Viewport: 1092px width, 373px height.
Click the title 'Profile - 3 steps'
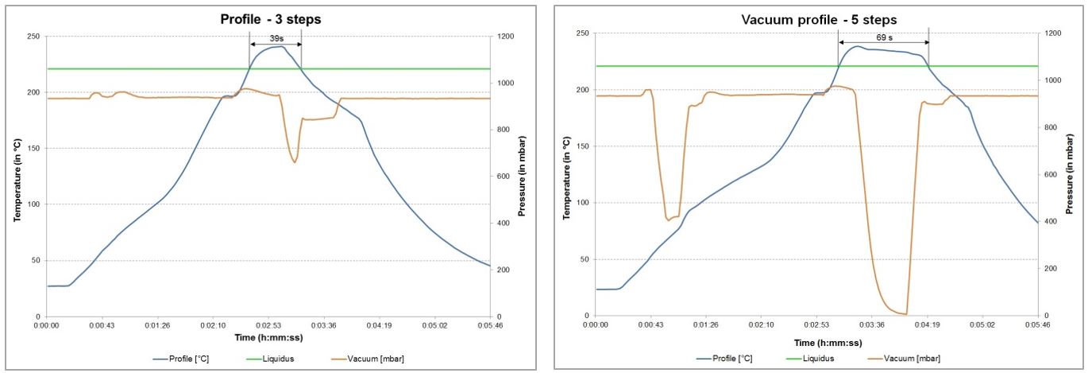(x=271, y=19)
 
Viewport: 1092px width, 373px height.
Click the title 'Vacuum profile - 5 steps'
(x=819, y=20)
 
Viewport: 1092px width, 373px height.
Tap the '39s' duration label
(x=276, y=38)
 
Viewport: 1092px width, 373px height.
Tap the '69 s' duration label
(x=885, y=37)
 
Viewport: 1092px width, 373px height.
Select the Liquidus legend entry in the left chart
(x=271, y=359)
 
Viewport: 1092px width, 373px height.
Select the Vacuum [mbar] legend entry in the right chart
(x=905, y=359)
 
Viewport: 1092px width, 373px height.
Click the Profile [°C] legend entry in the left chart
(x=181, y=359)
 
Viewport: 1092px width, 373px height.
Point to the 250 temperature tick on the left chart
(x=34, y=37)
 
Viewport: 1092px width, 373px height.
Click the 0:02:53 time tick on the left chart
(x=268, y=325)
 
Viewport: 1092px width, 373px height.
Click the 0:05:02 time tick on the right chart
(x=982, y=324)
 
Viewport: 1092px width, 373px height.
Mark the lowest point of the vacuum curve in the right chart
(x=905, y=314)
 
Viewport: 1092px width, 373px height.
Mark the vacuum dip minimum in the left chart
(x=295, y=162)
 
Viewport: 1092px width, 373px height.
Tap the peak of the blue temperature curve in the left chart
(x=280, y=46)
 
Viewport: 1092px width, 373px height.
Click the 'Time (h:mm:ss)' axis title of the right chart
(x=828, y=343)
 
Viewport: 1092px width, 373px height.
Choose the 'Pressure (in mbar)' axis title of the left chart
(x=522, y=177)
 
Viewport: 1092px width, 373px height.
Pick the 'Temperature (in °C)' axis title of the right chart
(x=566, y=178)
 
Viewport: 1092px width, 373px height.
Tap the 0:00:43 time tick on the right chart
(x=650, y=324)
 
